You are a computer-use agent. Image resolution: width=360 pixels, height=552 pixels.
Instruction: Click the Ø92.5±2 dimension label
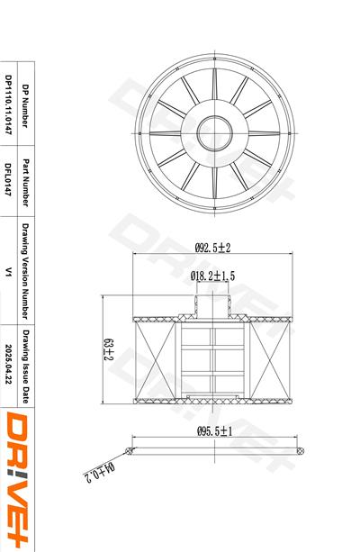click(x=212, y=248)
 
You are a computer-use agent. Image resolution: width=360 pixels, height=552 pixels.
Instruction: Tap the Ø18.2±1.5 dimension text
click(x=212, y=276)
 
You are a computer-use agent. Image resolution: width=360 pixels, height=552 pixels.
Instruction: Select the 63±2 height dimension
click(x=108, y=349)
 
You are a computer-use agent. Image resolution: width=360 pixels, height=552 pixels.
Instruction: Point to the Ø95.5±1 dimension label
click(x=215, y=431)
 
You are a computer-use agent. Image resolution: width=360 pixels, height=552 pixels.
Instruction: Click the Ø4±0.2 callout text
click(x=99, y=472)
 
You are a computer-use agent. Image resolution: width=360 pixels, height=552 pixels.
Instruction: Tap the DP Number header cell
click(x=26, y=105)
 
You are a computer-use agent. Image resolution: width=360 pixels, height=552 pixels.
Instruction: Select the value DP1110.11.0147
click(x=8, y=104)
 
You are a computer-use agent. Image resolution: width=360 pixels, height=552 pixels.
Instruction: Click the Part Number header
click(x=26, y=183)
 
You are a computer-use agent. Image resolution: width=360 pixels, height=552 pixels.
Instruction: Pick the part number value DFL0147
click(x=8, y=179)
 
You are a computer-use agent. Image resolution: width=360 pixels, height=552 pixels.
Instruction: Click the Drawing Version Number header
click(x=26, y=271)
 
